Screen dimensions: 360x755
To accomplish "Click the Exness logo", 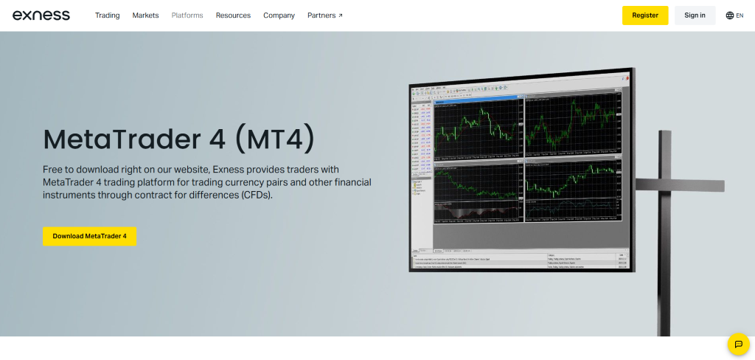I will (41, 15).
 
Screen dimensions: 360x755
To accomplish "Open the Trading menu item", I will (107, 15).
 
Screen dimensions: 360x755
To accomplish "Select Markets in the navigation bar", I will (145, 15).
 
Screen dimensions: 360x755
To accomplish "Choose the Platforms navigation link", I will (187, 15).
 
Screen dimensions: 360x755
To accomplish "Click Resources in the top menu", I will (233, 15).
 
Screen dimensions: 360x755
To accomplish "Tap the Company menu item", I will (279, 15).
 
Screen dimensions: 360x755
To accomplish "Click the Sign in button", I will (695, 15).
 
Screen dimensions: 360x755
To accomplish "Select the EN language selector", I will (740, 15).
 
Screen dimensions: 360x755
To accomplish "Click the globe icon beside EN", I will (730, 15).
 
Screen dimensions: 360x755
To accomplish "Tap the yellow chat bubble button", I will (738, 344).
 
